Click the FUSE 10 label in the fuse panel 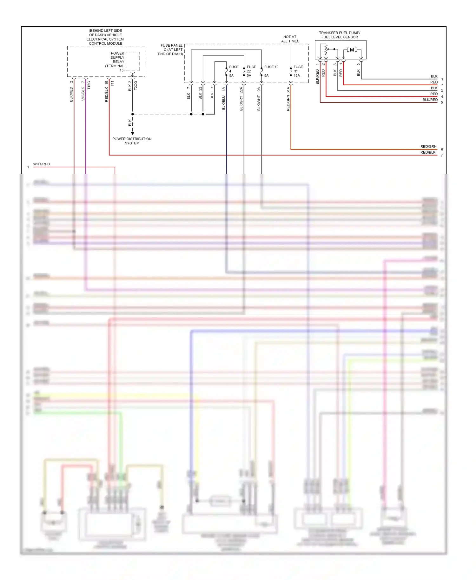point(271,67)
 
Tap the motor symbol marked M point(352,50)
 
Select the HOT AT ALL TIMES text point(290,39)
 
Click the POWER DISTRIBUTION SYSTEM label point(132,141)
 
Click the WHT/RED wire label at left point(42,164)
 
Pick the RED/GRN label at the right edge point(428,147)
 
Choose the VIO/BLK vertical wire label point(83,94)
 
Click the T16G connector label point(89,85)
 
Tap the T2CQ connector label point(136,85)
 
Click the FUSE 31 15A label point(298,71)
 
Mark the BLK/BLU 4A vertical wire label point(224,98)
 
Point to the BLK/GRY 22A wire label point(241,99)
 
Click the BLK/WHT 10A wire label point(259,99)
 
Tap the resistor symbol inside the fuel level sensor point(326,50)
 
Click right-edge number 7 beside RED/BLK point(442,155)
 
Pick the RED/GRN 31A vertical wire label point(288,99)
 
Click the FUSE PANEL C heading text point(171,49)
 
